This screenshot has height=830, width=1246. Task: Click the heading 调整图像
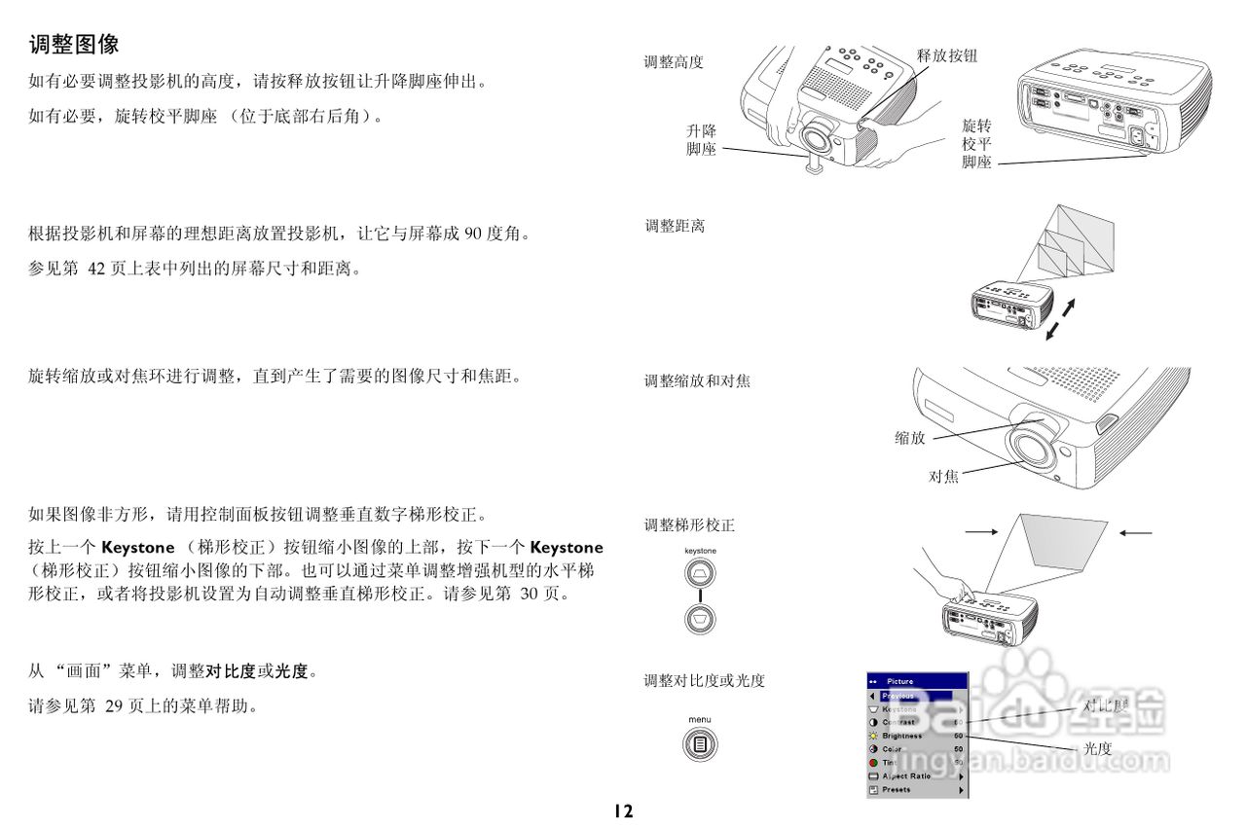tap(74, 45)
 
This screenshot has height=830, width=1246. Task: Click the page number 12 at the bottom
tap(623, 810)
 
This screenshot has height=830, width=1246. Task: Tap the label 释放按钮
tap(946, 56)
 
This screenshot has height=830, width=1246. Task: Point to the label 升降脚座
tap(701, 140)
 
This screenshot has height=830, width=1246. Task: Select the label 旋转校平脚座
tap(976, 144)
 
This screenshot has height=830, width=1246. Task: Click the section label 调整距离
tap(675, 226)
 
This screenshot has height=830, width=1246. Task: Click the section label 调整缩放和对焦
tap(697, 381)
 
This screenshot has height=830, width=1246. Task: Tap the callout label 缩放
tap(910, 438)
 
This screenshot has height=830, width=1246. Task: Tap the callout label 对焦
tap(943, 476)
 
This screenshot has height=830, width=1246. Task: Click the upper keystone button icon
tap(700, 574)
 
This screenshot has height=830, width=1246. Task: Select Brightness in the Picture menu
tap(902, 736)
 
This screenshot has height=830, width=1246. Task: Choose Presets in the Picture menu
tap(897, 789)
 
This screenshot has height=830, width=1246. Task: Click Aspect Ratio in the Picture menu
tap(906, 776)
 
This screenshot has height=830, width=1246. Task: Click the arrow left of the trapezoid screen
tap(981, 532)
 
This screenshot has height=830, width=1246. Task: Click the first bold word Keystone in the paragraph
tap(138, 548)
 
